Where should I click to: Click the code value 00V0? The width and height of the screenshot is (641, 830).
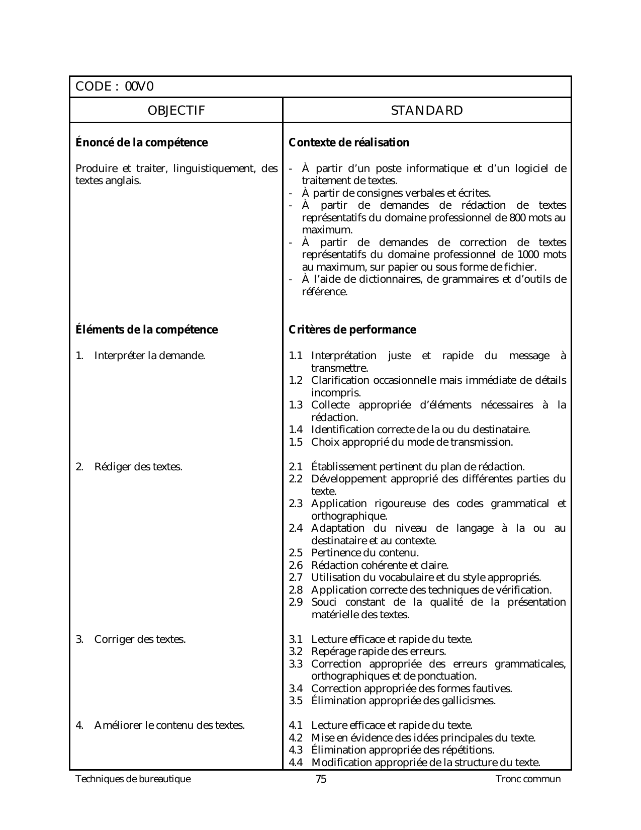point(139,87)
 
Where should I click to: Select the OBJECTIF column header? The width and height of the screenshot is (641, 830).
point(176,111)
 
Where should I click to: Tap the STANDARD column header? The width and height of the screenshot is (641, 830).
point(427,111)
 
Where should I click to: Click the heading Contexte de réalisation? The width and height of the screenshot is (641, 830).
point(349,143)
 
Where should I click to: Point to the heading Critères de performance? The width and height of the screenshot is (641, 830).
point(352,330)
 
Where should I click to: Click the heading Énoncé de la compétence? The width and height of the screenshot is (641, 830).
point(141,143)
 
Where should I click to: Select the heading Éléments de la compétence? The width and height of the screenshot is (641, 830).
point(146,330)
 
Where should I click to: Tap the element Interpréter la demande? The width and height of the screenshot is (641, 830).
point(149,356)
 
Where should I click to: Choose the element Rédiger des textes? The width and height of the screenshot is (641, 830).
point(138,467)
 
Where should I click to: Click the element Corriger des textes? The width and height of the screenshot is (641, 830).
point(140,640)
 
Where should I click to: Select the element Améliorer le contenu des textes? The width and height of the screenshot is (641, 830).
point(169,726)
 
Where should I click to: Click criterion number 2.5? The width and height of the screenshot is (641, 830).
point(296,553)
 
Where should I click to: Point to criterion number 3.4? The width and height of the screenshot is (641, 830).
point(296,689)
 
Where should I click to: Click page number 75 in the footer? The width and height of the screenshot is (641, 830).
point(321,780)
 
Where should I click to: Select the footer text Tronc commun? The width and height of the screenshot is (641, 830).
point(528,780)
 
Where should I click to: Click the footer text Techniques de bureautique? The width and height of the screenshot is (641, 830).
point(133,780)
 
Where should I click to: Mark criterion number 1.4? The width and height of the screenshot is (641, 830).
point(296,430)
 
